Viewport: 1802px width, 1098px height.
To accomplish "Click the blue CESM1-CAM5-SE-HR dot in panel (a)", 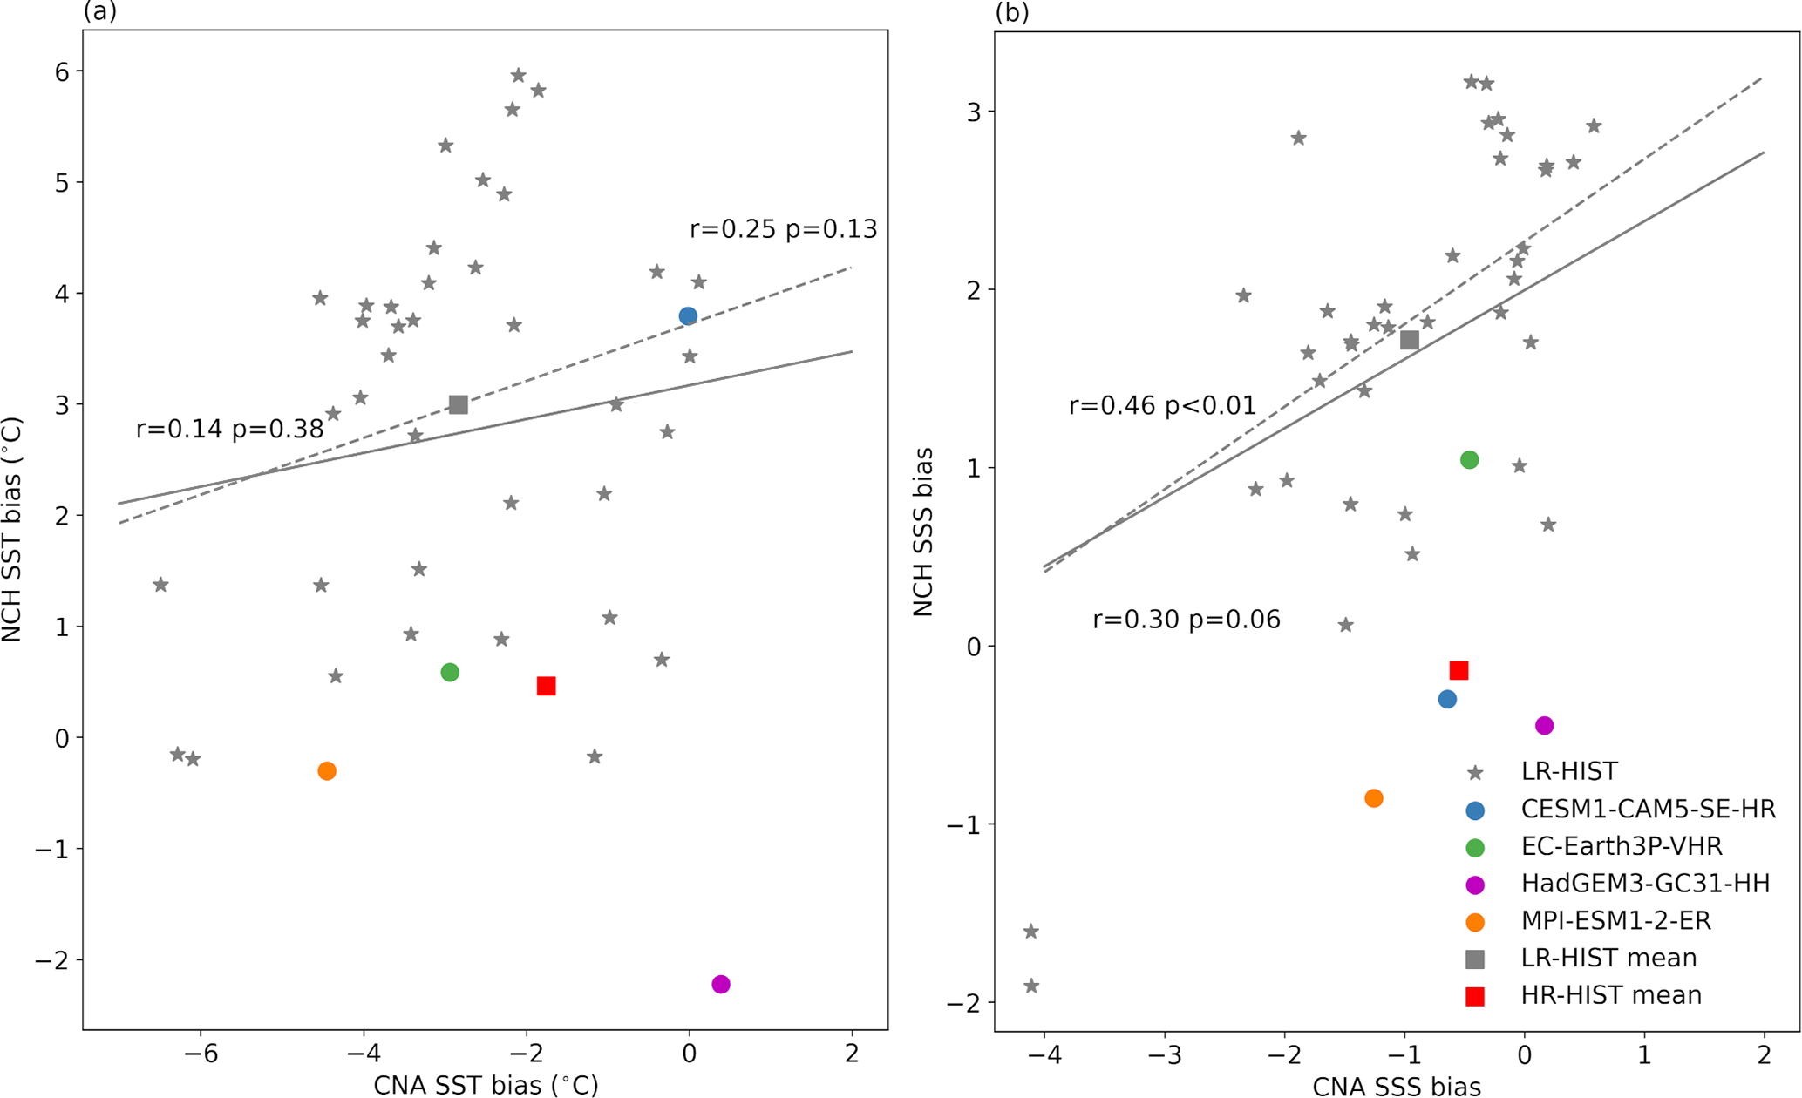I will (688, 316).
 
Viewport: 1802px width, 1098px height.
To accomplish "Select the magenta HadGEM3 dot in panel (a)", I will (720, 984).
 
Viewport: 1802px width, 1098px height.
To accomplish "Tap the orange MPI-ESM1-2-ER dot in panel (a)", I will (327, 770).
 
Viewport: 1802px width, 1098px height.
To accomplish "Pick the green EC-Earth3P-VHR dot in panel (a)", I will (450, 672).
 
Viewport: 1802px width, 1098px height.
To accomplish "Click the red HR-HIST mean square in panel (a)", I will (547, 686).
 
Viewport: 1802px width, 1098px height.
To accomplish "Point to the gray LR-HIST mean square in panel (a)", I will (459, 404).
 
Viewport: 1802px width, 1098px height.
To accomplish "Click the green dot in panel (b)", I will (1469, 459).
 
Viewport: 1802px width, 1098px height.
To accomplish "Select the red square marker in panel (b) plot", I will (1459, 670).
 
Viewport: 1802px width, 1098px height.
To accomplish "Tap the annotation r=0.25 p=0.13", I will (783, 229).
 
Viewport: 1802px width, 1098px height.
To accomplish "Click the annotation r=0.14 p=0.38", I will (229, 429).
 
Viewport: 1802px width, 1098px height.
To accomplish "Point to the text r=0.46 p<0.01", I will (1162, 405).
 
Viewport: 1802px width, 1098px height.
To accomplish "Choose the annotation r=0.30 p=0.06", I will (1186, 620).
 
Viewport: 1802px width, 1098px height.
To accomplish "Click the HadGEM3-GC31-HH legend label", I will (1645, 884).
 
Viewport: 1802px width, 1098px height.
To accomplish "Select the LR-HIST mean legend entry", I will (1608, 958).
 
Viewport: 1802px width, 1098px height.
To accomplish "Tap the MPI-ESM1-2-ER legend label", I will (1615, 920).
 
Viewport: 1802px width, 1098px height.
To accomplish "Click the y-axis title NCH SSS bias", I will (923, 532).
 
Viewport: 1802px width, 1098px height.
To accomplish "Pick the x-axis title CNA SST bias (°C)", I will (486, 1085).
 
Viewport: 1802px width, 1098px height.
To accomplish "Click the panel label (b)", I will (1011, 12).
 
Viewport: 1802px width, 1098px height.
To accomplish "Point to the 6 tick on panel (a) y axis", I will (62, 71).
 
